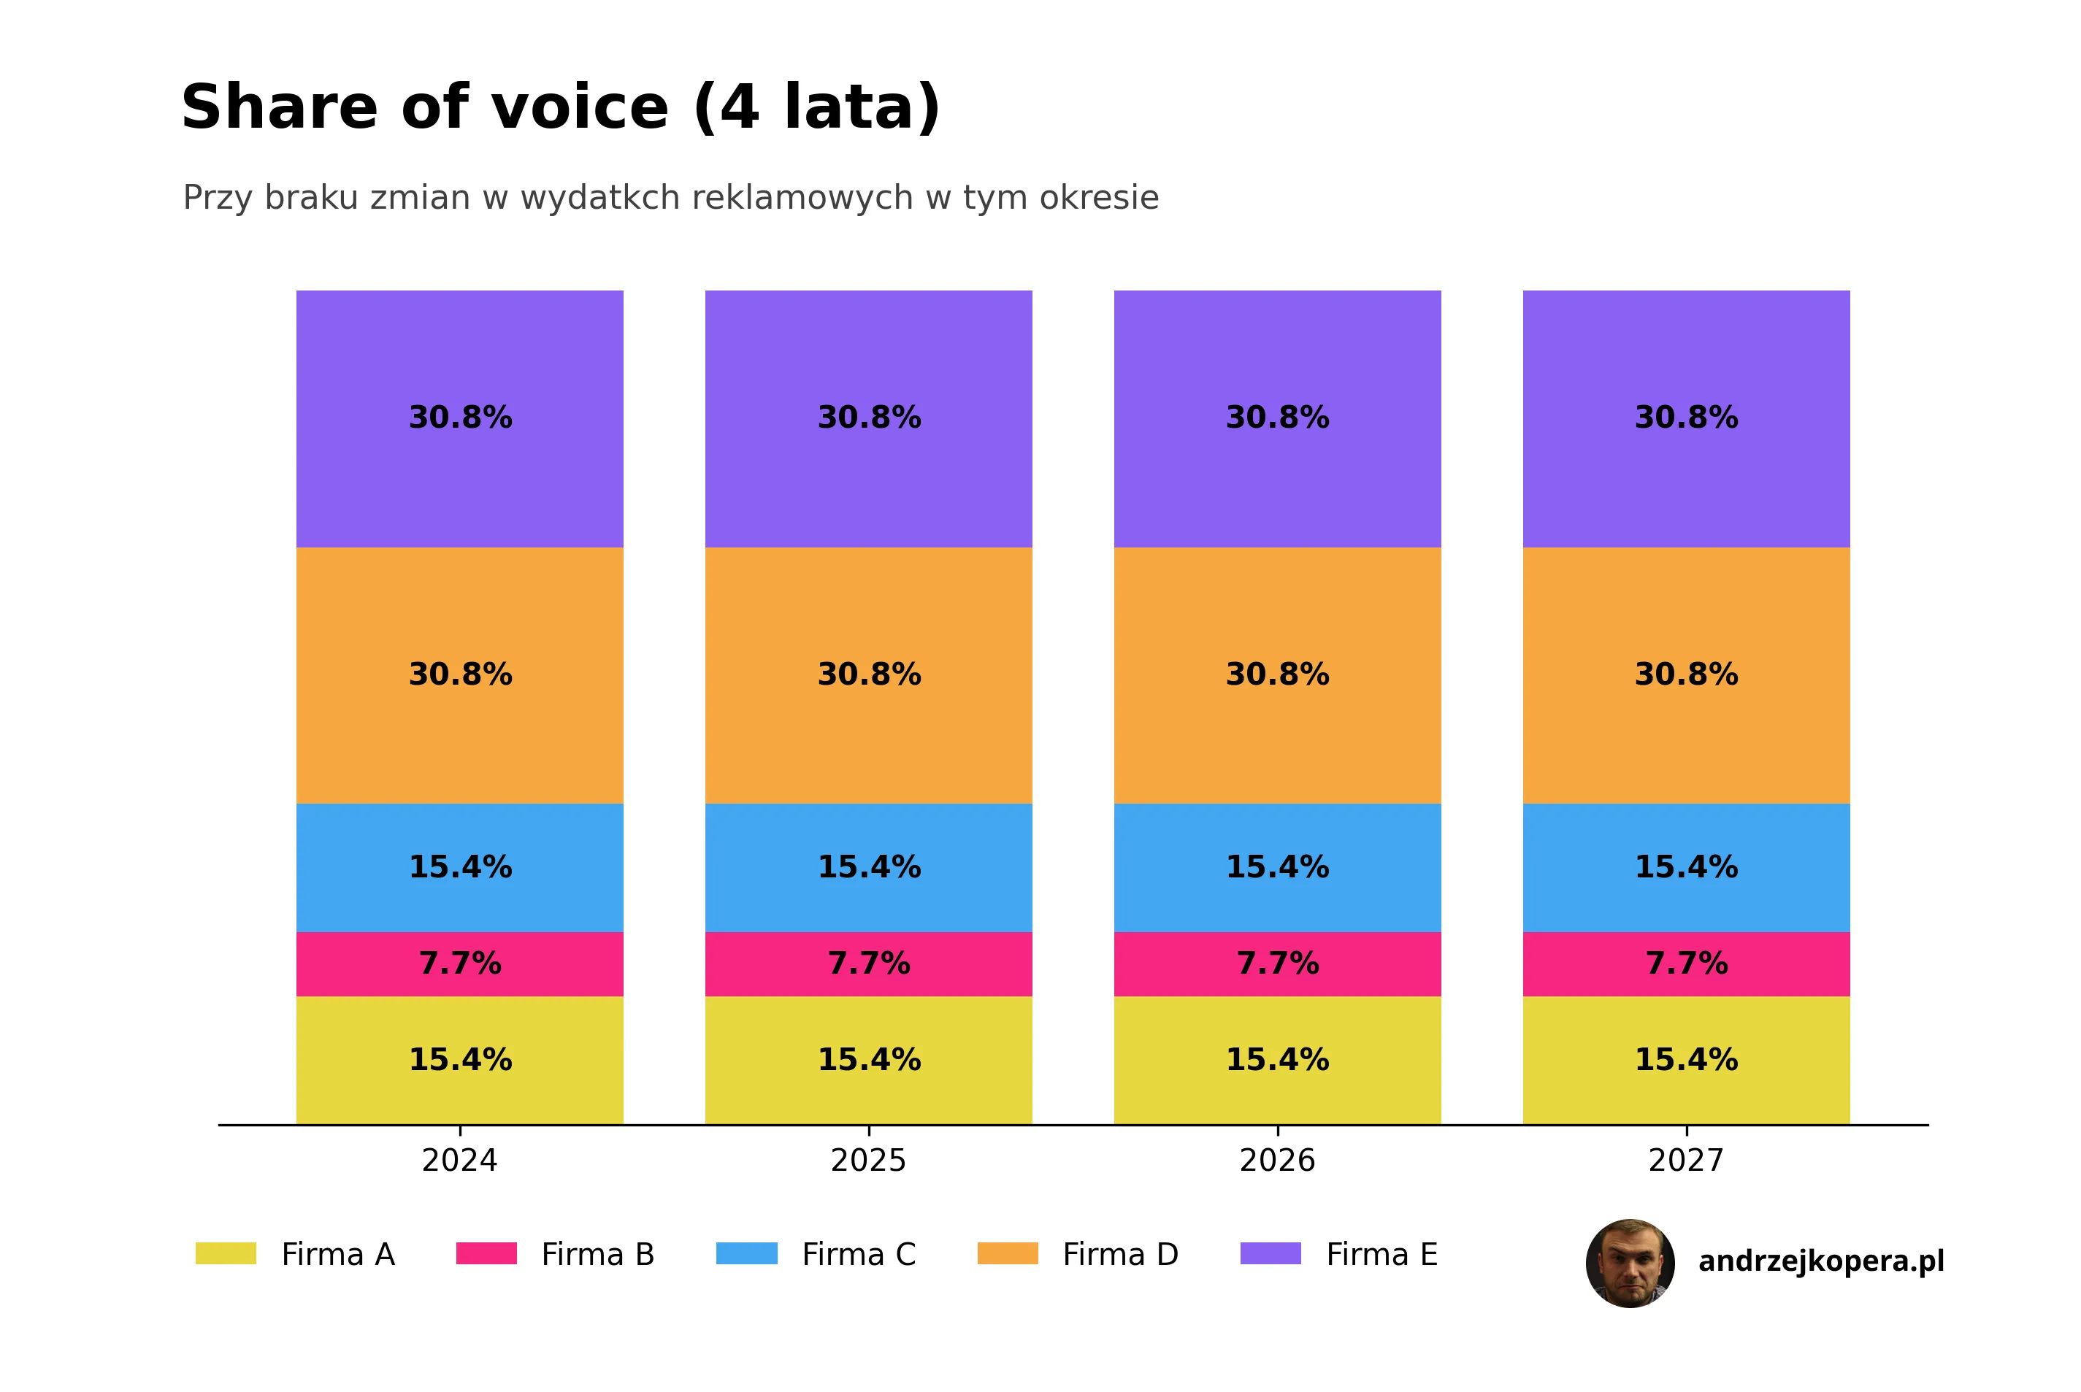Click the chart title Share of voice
pyautogui.click(x=559, y=107)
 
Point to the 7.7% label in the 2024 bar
pyautogui.click(x=460, y=964)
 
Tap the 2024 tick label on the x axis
pyautogui.click(x=460, y=1161)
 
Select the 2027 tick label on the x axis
pyautogui.click(x=1686, y=1161)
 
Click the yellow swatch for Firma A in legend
pyautogui.click(x=226, y=1253)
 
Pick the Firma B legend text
pyautogui.click(x=597, y=1254)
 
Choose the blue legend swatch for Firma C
pyautogui.click(x=747, y=1253)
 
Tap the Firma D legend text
pyautogui.click(x=1120, y=1254)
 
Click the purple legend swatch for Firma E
pyautogui.click(x=1271, y=1253)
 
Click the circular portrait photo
pyautogui.click(x=1630, y=1264)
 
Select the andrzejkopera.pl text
pyautogui.click(x=1821, y=1261)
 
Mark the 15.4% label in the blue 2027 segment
pyautogui.click(x=1686, y=867)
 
